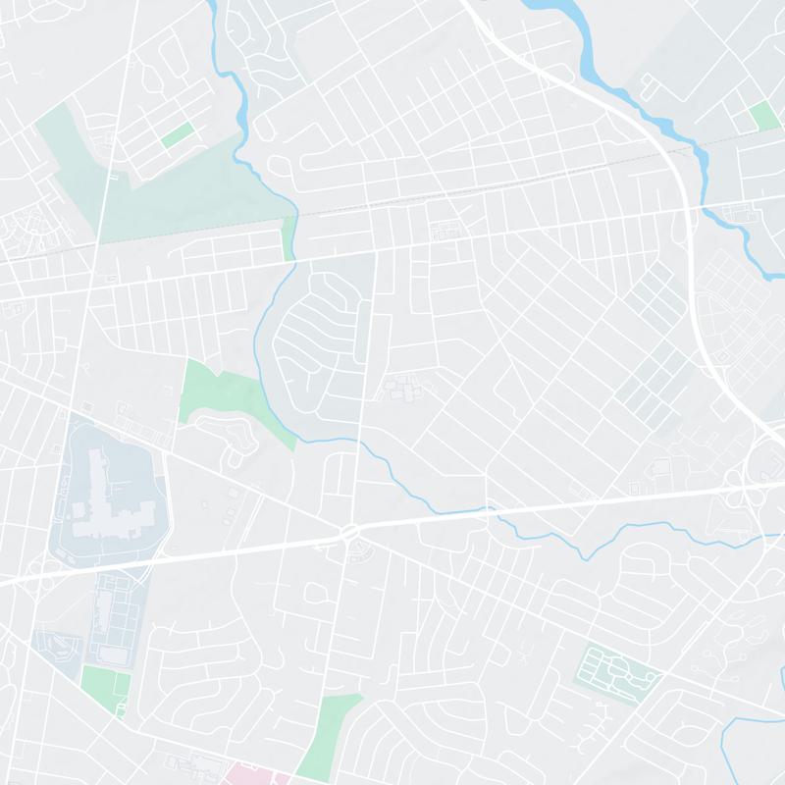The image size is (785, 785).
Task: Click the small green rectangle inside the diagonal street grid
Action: tap(178, 135)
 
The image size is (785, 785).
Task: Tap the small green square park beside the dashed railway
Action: tap(763, 116)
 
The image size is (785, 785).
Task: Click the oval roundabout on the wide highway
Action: tap(350, 532)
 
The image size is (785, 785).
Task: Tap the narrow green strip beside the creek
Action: tap(288, 238)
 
